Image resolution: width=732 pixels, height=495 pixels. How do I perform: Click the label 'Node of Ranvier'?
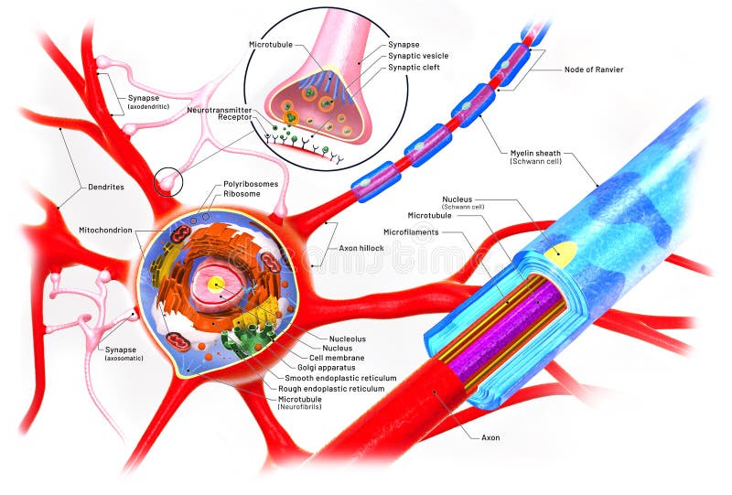(x=594, y=70)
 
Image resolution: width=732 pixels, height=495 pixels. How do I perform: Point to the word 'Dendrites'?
(x=106, y=187)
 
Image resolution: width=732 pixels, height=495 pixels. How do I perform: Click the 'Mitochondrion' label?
(x=106, y=230)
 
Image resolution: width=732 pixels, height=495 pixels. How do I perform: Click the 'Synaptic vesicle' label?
(x=417, y=55)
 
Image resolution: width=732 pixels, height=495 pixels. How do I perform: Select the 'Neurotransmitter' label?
(x=220, y=109)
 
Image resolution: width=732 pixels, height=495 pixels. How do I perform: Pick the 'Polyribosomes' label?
(x=251, y=184)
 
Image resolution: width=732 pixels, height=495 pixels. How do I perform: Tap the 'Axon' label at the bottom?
(x=490, y=437)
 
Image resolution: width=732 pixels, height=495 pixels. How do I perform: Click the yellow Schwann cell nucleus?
(x=560, y=253)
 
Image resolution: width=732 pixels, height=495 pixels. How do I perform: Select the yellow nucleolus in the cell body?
(x=215, y=284)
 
